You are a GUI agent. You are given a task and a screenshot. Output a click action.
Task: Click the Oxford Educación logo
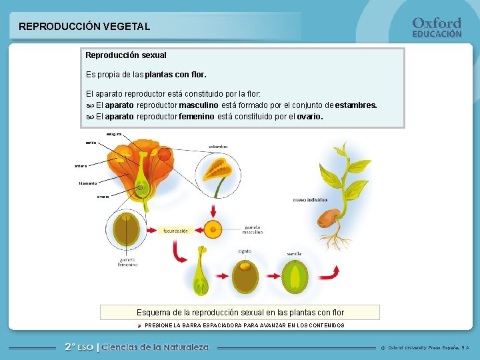[x=437, y=27]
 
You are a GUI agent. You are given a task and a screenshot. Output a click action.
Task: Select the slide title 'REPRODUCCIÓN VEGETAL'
[x=84, y=27]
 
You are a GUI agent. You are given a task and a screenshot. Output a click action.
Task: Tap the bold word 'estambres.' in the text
[x=356, y=105]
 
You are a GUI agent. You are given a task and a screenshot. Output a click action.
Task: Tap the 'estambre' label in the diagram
[x=219, y=147]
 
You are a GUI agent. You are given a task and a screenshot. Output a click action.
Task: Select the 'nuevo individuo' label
[x=310, y=200]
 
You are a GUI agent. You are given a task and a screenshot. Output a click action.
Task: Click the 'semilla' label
[x=294, y=254]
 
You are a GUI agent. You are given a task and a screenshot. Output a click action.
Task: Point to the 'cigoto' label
[x=245, y=251]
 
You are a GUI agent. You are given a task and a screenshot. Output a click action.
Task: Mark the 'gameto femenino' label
[x=127, y=261]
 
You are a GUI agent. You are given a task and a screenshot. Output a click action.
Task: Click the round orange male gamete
[x=213, y=230]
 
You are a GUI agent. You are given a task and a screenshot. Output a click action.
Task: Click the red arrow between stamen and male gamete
[x=213, y=210]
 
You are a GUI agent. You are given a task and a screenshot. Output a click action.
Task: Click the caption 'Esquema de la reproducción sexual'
[x=240, y=312]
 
